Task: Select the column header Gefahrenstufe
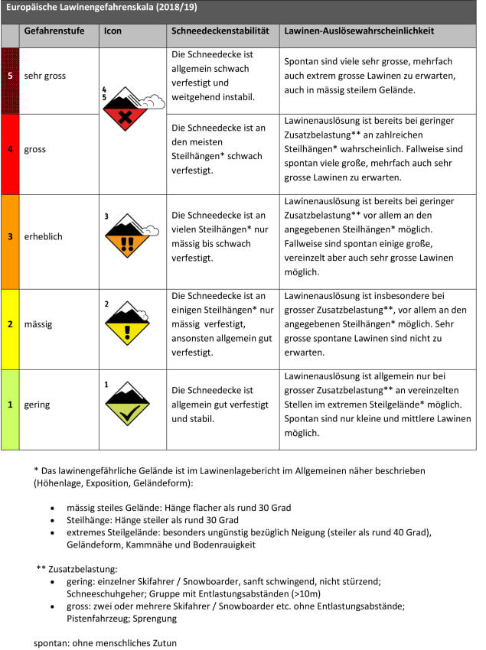54,32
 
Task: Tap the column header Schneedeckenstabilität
219,32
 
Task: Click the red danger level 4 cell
10,149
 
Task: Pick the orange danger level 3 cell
10,237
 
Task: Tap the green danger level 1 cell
10,405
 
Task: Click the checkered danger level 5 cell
10,76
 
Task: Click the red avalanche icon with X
128,112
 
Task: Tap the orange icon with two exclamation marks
128,238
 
